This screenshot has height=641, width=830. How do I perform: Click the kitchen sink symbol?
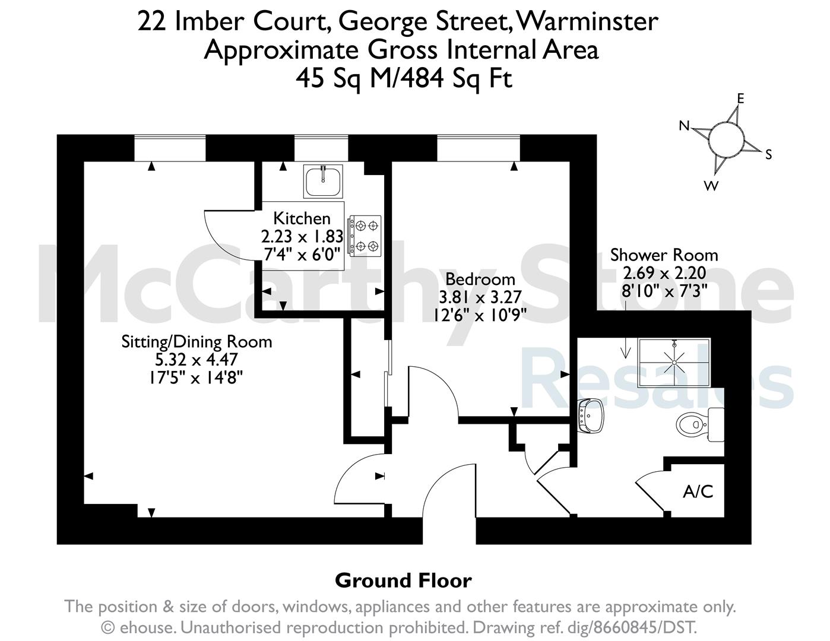323,182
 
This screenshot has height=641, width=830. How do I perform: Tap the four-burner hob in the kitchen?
365,236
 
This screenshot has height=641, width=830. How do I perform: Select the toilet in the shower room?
700,425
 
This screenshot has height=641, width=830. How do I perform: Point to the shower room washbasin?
591,415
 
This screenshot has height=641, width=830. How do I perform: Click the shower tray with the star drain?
674,362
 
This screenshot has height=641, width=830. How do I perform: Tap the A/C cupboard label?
698,491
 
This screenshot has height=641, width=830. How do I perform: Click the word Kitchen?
302,219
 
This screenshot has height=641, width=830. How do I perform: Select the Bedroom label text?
480,280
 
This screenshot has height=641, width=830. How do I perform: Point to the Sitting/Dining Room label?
197,342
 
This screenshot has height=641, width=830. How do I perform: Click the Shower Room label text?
664,255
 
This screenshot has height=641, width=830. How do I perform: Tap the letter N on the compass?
684,126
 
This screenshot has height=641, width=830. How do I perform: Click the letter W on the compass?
711,186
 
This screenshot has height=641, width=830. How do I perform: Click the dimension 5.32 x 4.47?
197,360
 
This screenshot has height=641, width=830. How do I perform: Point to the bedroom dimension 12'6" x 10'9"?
480,315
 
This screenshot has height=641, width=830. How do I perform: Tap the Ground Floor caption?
403,580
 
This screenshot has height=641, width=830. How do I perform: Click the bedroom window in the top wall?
479,148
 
